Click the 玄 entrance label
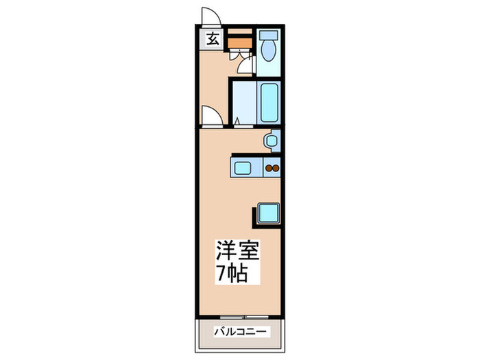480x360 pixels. (213, 39)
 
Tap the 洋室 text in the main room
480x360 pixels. (239, 250)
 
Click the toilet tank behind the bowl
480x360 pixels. (268, 35)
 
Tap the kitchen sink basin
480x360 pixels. (243, 167)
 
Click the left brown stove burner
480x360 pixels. (268, 167)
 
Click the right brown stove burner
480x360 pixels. (276, 167)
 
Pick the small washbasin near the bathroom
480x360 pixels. (272, 141)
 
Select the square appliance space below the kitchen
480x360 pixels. (268, 214)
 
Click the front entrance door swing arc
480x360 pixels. (210, 16)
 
